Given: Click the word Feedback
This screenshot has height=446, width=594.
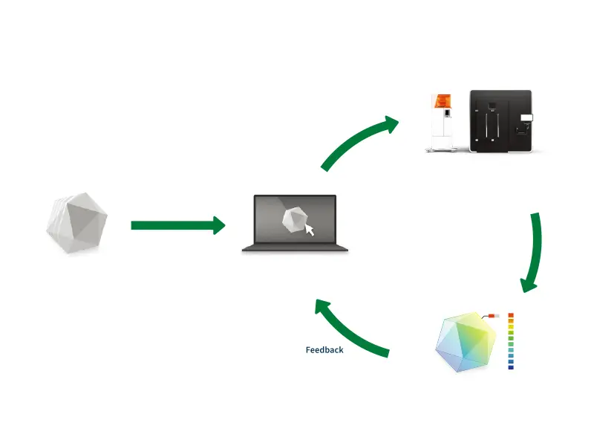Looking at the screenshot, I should [324, 349].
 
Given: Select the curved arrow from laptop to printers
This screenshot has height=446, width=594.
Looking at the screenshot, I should [356, 141].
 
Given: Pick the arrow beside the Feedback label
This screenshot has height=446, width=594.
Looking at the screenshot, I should [349, 327].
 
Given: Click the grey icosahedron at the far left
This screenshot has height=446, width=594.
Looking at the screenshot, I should [75, 224].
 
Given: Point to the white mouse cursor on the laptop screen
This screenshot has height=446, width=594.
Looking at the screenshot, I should [309, 230].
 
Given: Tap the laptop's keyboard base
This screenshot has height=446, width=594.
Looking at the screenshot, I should [295, 248].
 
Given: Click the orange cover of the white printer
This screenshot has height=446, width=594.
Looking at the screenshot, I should [443, 102].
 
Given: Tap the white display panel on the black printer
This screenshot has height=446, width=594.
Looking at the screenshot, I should [526, 117].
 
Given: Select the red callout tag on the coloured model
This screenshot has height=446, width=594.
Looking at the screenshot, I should [492, 317].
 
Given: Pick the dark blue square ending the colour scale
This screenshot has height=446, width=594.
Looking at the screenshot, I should [511, 366].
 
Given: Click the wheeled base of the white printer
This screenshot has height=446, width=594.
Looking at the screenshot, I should [443, 148].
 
